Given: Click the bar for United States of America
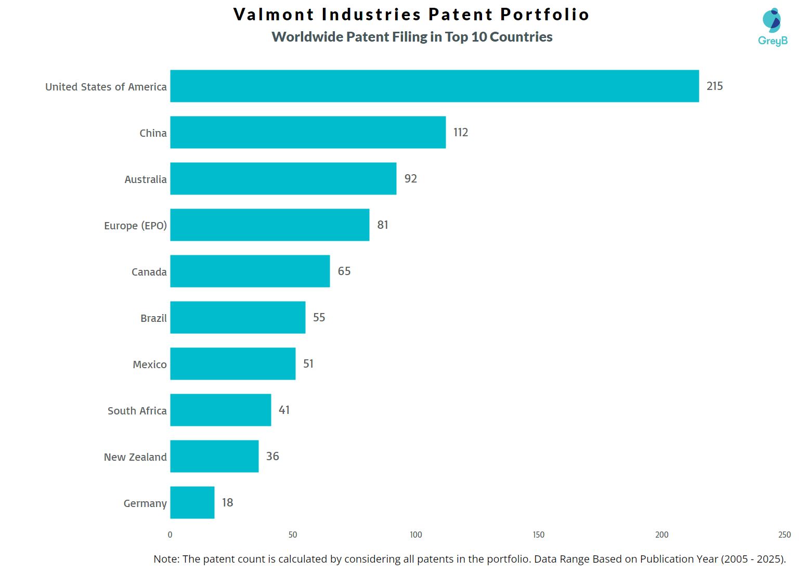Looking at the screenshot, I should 434,86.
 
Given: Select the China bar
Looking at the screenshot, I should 308,132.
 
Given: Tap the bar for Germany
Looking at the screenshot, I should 192,502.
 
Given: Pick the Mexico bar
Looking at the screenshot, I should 233,363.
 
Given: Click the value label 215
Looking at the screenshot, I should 714,86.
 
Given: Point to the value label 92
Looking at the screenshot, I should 411,178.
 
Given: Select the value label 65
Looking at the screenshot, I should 344,271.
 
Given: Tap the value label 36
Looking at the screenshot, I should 272,456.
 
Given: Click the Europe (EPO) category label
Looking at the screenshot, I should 135,226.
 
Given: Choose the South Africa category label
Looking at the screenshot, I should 137,411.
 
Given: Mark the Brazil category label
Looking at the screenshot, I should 153,318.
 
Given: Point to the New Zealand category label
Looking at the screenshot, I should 135,457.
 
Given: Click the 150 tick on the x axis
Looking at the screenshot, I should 539,535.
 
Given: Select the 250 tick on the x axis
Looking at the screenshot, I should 784,535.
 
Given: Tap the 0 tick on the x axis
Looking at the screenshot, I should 170,535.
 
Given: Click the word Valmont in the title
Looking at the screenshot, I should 274,14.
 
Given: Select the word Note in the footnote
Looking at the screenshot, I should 165,559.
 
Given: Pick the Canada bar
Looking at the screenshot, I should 250,271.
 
